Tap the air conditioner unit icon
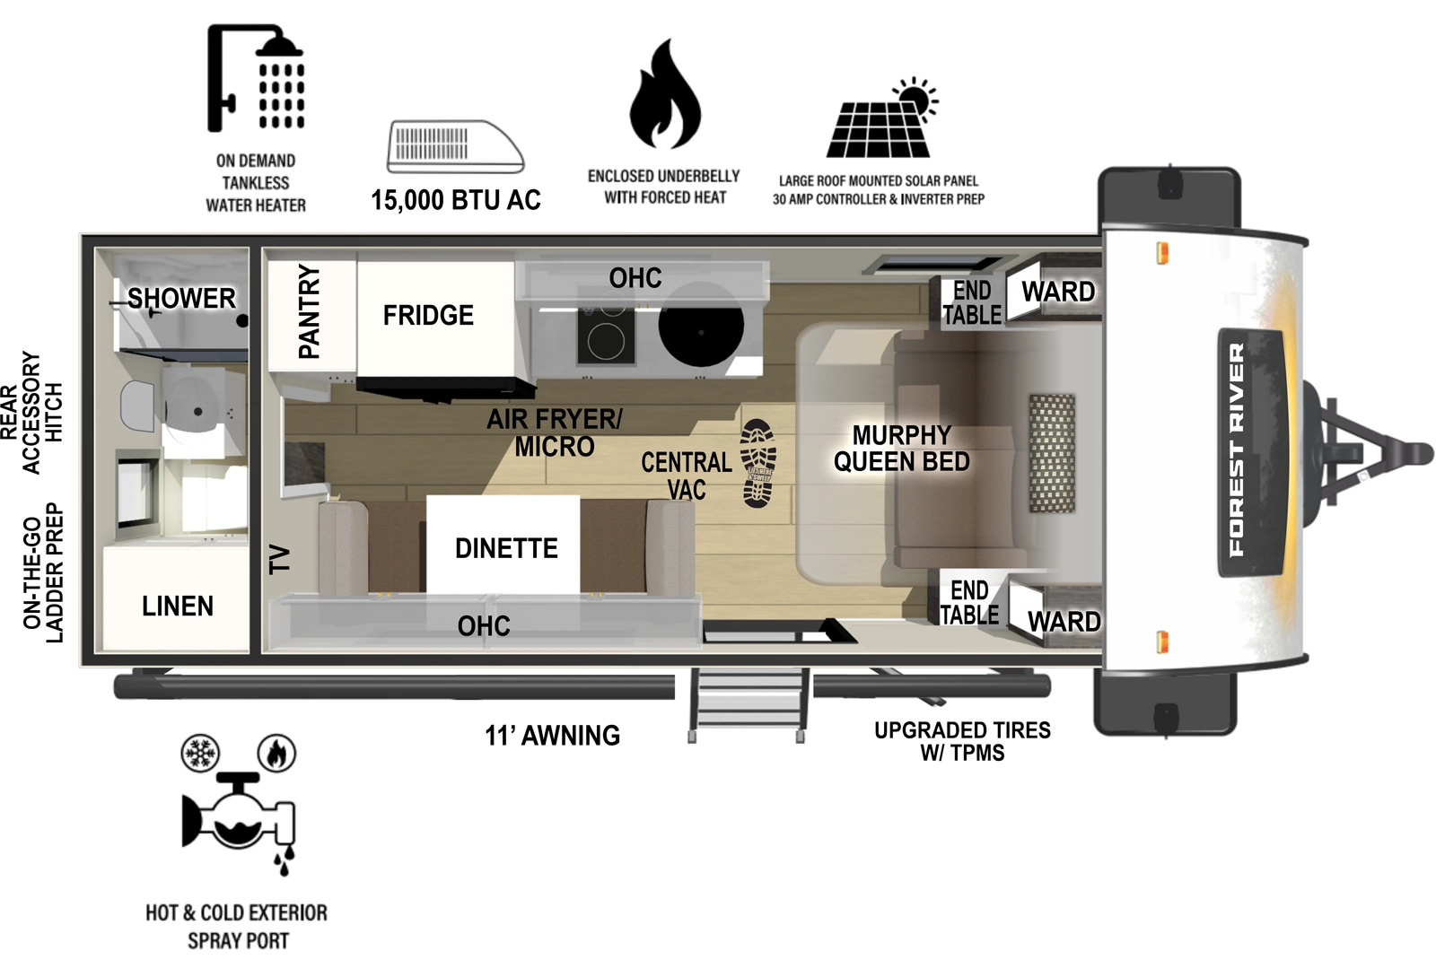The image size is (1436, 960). click(455, 146)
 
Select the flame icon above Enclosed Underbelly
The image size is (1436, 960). click(664, 95)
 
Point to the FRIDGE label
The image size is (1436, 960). click(428, 315)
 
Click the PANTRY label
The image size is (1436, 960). click(309, 311)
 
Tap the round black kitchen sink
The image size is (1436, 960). click(701, 329)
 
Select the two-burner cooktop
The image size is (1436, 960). click(605, 332)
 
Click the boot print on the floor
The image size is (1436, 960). click(758, 463)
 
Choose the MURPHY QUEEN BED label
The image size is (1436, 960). click(901, 449)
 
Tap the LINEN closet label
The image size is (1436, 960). click(178, 607)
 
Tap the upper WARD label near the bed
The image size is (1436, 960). click(1057, 292)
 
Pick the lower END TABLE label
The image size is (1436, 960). click(969, 602)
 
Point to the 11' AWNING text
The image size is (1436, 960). click(552, 736)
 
